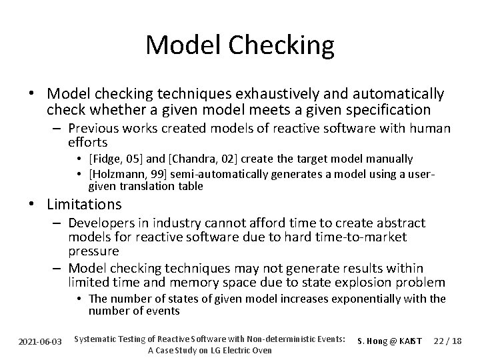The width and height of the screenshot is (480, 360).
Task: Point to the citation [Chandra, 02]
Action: tap(191, 159)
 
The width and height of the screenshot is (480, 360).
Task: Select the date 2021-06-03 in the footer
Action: tap(41, 341)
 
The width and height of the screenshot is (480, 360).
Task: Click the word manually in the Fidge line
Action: tap(390, 159)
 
